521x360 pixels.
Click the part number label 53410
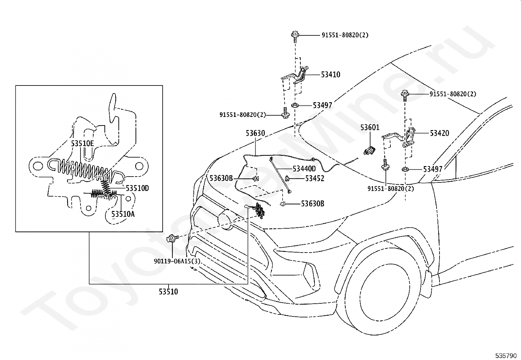331,75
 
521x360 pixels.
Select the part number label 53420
440,133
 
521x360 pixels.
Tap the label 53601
370,128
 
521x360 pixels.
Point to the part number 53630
255,133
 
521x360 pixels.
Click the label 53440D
304,169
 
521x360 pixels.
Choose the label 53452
315,179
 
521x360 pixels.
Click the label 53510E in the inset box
82,144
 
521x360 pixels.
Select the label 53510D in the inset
137,188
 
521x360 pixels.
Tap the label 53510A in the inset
123,214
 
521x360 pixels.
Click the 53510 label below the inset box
169,292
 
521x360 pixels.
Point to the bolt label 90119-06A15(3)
177,261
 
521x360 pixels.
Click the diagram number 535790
506,356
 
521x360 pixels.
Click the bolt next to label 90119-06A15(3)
172,239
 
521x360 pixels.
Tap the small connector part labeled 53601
369,150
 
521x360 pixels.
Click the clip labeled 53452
287,178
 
